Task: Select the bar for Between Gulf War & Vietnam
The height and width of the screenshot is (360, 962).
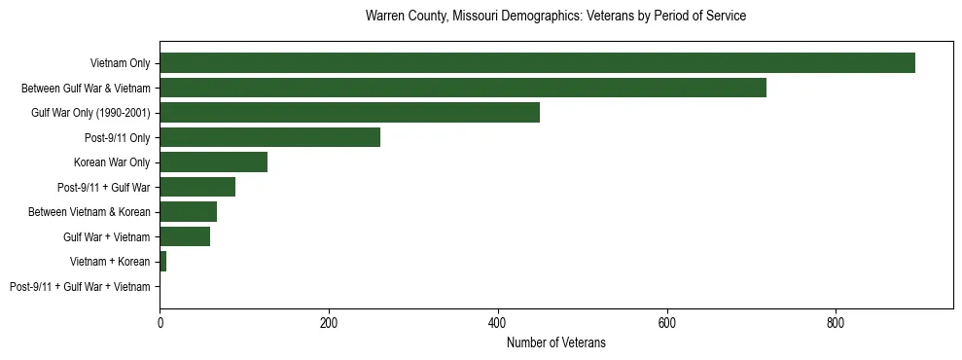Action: (x=463, y=88)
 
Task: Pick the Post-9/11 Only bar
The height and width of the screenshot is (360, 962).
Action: (x=269, y=137)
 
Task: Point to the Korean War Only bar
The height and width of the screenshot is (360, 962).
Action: (x=213, y=162)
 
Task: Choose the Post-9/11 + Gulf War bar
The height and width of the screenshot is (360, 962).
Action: (x=197, y=187)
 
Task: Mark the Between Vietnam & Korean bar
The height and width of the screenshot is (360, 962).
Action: (x=188, y=212)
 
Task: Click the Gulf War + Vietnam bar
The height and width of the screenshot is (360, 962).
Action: (x=185, y=236)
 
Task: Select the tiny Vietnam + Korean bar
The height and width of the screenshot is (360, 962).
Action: (x=162, y=262)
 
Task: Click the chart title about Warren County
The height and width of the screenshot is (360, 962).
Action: (x=555, y=17)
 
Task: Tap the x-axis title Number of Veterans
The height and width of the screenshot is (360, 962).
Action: (x=555, y=342)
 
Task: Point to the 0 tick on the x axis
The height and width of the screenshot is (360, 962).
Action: (x=160, y=321)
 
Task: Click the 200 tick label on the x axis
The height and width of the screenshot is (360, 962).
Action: (x=329, y=321)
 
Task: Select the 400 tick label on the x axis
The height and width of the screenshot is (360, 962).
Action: (x=498, y=321)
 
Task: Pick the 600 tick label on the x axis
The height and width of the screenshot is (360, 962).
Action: (x=667, y=321)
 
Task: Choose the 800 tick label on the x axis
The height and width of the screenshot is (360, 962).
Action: (x=836, y=321)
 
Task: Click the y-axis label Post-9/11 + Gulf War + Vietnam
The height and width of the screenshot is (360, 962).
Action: (x=80, y=287)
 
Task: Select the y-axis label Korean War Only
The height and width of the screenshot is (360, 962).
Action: (x=112, y=162)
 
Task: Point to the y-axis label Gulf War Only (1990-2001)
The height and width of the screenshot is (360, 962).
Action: (x=90, y=113)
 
